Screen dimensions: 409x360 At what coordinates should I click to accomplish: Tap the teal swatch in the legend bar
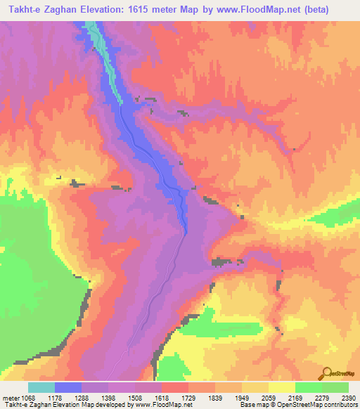coord(41,387)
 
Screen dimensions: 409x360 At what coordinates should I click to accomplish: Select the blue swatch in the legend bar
coord(68,387)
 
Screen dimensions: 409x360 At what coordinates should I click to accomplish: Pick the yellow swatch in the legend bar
coord(282,387)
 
